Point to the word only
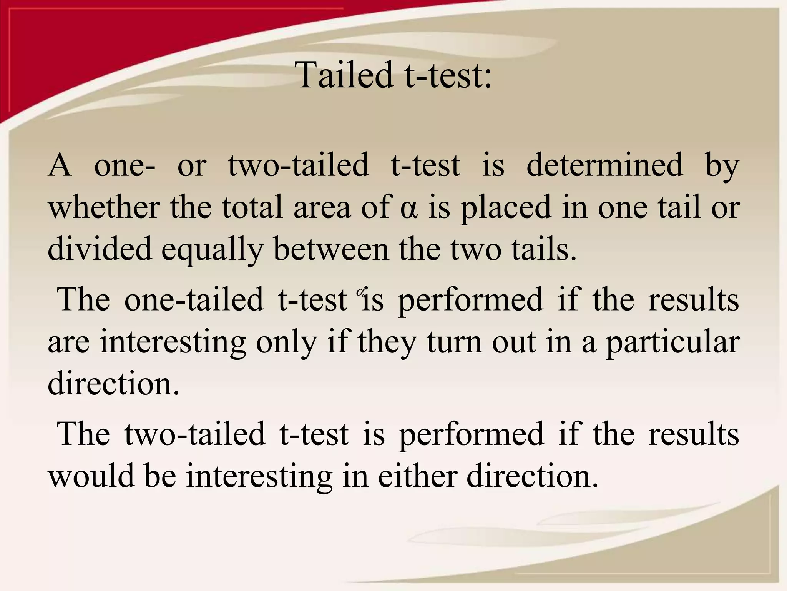pyautogui.click(x=287, y=342)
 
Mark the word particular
pyautogui.click(x=672, y=342)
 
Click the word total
pyautogui.click(x=253, y=207)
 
